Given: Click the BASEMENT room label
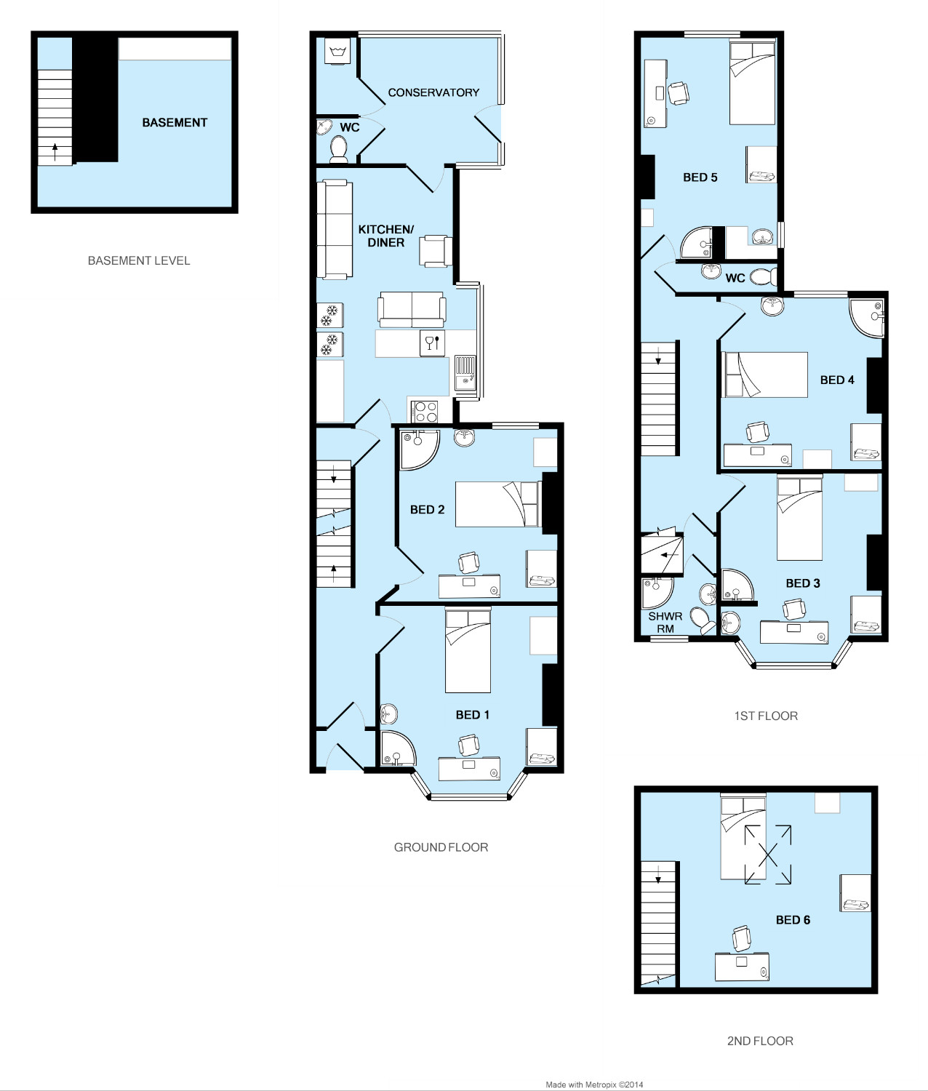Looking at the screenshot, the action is click(175, 122).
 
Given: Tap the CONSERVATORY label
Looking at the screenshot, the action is click(433, 92).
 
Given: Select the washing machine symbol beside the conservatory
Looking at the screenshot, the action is click(337, 52).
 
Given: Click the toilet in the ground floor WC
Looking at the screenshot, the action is click(338, 149).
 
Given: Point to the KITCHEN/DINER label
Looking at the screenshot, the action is click(386, 236).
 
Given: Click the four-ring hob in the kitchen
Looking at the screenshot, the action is click(425, 412).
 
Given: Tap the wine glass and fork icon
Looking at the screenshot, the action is click(432, 343).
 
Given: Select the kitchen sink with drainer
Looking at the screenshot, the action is click(465, 373).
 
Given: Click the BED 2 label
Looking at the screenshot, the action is click(427, 509).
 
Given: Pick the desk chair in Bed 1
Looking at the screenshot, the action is click(469, 745).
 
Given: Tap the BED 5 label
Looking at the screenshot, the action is click(700, 177).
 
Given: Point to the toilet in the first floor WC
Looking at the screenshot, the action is click(764, 276).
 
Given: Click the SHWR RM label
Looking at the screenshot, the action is click(665, 623).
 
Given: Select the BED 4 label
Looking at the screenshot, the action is click(836, 380).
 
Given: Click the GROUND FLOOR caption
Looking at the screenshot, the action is click(441, 847).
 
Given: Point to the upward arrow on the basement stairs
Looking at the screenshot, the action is click(55, 152).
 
